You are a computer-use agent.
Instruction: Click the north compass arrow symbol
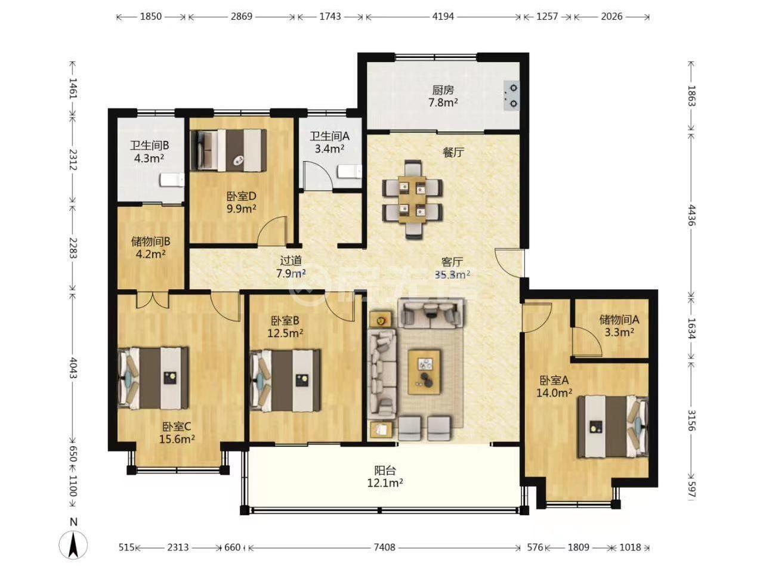[73, 545]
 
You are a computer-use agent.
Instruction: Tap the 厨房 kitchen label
[443, 90]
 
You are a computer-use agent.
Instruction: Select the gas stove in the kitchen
[511, 95]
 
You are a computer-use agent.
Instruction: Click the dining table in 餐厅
[412, 199]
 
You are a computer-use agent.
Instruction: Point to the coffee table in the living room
[424, 372]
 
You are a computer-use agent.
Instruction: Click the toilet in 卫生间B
[172, 180]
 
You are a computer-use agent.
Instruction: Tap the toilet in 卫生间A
[350, 172]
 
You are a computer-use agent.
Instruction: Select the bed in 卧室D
[228, 150]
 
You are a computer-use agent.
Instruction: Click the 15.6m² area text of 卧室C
[177, 439]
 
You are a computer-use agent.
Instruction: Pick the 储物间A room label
[619, 320]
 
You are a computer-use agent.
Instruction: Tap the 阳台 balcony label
[385, 471]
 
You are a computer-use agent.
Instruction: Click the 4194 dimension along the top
[443, 16]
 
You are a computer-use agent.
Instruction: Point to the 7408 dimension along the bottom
[384, 547]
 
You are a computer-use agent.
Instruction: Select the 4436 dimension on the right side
[691, 215]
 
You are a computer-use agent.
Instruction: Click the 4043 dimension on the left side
[73, 368]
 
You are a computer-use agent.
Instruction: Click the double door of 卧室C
[153, 299]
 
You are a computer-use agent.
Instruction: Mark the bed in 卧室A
[612, 427]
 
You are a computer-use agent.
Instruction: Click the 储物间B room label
[150, 242]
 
